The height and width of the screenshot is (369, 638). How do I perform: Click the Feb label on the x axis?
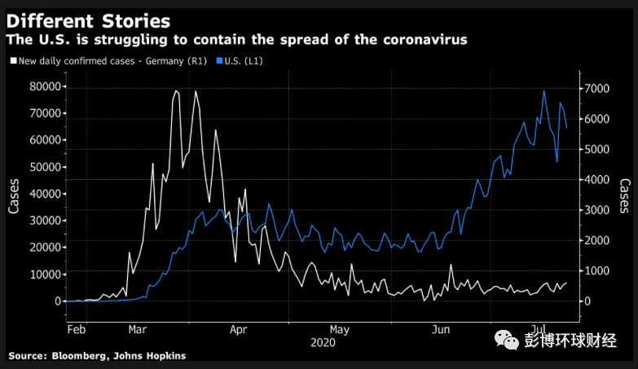coord(76,330)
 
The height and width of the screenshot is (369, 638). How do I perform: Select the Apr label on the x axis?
coord(239,330)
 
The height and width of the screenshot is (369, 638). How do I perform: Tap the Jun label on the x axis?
coord(441,330)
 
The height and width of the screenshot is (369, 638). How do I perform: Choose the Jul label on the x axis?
coord(541,330)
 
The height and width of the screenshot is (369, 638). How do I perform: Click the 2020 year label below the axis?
coord(323,342)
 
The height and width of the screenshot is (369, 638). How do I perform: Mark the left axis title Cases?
coord(15,195)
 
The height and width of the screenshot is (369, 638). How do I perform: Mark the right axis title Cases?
coord(624,195)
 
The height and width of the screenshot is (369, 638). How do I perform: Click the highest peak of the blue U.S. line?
coord(544,90)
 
